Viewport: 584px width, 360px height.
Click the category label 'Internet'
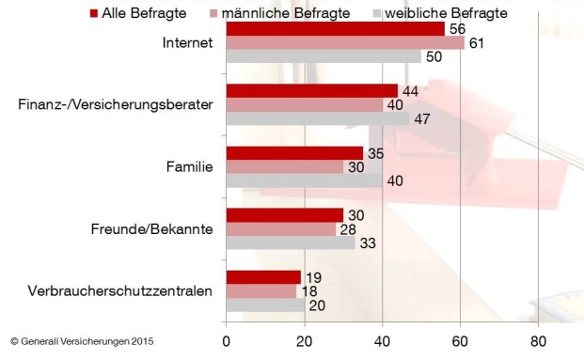coord(188,43)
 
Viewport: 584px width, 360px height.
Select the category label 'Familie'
coord(189,166)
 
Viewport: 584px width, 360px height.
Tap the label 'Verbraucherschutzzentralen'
coord(119,290)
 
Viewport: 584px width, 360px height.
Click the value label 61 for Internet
coord(477,43)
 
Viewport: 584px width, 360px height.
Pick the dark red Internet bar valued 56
coord(335,29)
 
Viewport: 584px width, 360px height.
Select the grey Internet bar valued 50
coord(324,57)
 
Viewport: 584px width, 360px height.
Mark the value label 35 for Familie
coord(375,152)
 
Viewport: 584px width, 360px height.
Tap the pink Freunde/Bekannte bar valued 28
coord(280,229)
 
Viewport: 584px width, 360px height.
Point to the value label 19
coord(313,276)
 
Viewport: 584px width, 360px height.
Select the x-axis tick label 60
coord(460,341)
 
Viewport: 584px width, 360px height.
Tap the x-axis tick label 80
coord(538,341)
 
